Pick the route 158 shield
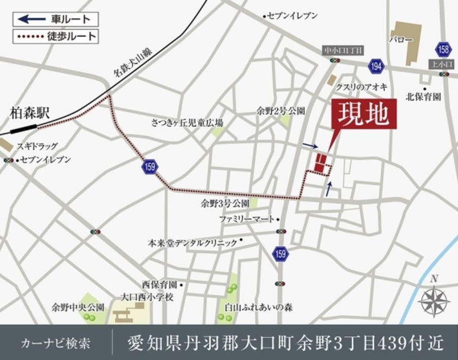point(443,49)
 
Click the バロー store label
point(401,39)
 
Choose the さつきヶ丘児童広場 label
point(187,123)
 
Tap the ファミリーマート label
point(246,219)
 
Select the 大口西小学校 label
point(147,296)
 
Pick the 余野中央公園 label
point(77,307)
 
